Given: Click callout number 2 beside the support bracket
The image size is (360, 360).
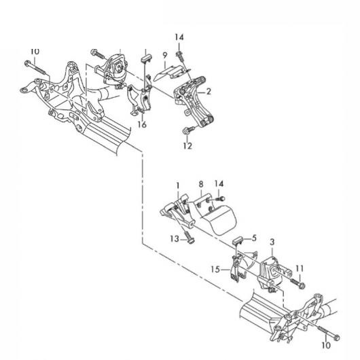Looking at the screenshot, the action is tap(209, 92).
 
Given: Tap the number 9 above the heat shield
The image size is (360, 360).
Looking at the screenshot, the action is tap(165, 56).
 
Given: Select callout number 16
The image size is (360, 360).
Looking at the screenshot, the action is tap(142, 125).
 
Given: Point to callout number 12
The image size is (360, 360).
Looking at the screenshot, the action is tap(187, 146).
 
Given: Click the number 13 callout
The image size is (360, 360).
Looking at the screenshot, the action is tap(175, 239).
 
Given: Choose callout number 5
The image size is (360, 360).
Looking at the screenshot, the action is tap(254, 238).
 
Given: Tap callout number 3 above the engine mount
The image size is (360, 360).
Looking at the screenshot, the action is tap(272, 242).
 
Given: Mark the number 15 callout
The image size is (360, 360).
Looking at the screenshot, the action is tap(215, 269).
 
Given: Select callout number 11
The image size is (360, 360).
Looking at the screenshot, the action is tap(300, 268).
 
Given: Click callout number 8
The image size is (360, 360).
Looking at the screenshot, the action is tap(201, 184).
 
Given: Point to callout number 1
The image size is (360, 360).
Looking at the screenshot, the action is tap(178, 185).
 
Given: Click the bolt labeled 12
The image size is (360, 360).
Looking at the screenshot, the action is tap(189, 130).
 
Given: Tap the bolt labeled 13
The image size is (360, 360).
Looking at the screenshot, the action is tap(188, 236).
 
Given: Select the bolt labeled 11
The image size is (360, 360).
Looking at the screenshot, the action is tap(298, 283).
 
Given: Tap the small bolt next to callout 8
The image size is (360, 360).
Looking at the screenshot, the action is tap(219, 198).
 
